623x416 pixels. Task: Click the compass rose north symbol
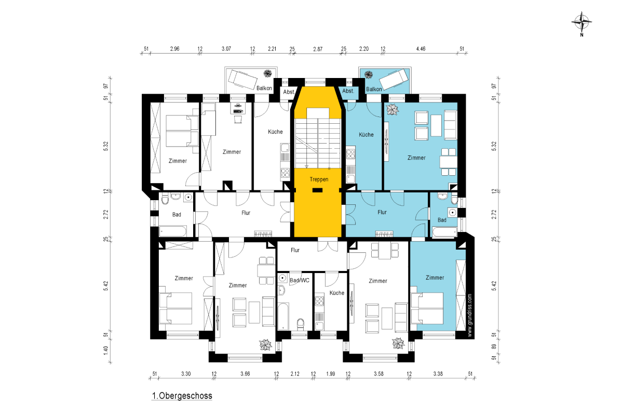pos(581,22)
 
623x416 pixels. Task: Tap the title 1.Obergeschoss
pos(182,396)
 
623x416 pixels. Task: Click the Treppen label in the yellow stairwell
pos(319,179)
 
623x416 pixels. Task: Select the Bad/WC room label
pos(300,280)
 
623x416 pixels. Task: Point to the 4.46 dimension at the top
pos(421,49)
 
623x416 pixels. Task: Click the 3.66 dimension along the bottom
pos(245,374)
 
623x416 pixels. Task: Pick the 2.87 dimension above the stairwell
pos(318,49)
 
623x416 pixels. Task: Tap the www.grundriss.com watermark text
pos(470,316)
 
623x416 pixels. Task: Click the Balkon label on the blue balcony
pos(374,89)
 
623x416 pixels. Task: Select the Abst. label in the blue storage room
pos(348,91)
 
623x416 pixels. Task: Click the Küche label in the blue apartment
pos(366,135)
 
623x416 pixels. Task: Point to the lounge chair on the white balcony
pos(242,79)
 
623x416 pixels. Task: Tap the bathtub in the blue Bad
pos(445,232)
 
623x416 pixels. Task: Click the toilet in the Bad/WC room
pos(301,324)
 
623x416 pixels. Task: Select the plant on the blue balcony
pos(369,74)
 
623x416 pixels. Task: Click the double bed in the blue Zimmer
pos(427,308)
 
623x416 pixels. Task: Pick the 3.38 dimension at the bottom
pos(438,374)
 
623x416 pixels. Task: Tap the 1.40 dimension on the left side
pos(106,350)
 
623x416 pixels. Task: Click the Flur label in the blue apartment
pos(382,212)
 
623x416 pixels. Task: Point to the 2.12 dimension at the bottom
pos(295,374)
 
